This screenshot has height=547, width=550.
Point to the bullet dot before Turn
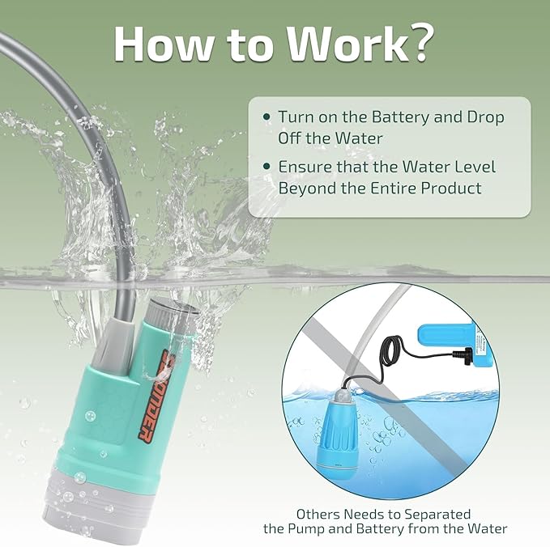point(266,117)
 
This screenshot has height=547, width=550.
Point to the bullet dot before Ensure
point(266,167)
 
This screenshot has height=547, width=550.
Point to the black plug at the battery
point(463,354)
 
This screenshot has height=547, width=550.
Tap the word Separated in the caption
point(437,515)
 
